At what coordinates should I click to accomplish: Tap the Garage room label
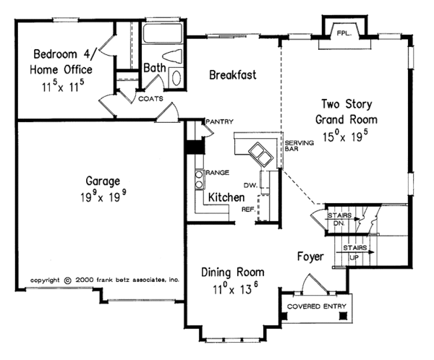pos(101,181)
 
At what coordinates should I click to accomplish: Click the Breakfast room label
pos(233,75)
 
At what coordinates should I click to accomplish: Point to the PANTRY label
pos(219,121)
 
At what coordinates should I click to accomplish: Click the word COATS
pos(151,98)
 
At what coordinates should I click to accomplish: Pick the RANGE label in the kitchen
pos(218,173)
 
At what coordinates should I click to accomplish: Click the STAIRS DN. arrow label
pos(339,219)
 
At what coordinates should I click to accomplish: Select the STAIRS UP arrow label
pos(357,251)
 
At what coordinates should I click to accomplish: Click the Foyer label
pos(309,256)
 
